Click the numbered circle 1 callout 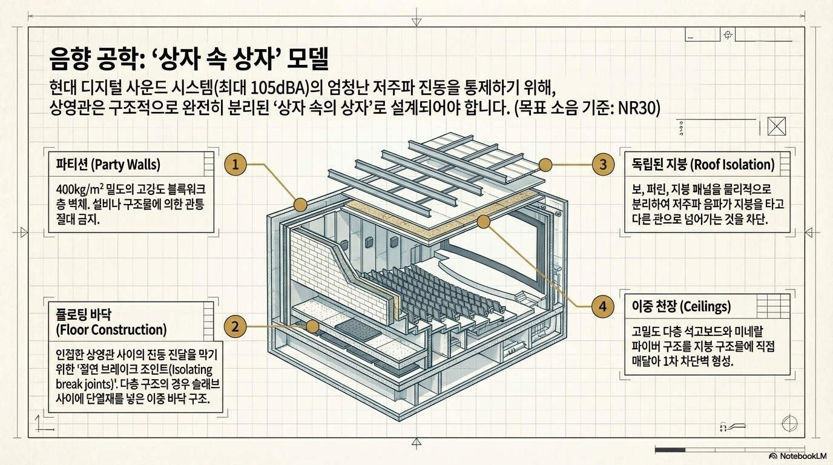pyautogui.click(x=236, y=164)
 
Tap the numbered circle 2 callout pyautogui.click(x=236, y=327)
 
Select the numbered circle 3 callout pyautogui.click(x=602, y=164)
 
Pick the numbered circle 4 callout pyautogui.click(x=602, y=307)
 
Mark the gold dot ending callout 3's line pyautogui.click(x=545, y=164)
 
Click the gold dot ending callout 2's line pyautogui.click(x=313, y=327)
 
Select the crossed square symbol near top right pyautogui.click(x=775, y=126)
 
